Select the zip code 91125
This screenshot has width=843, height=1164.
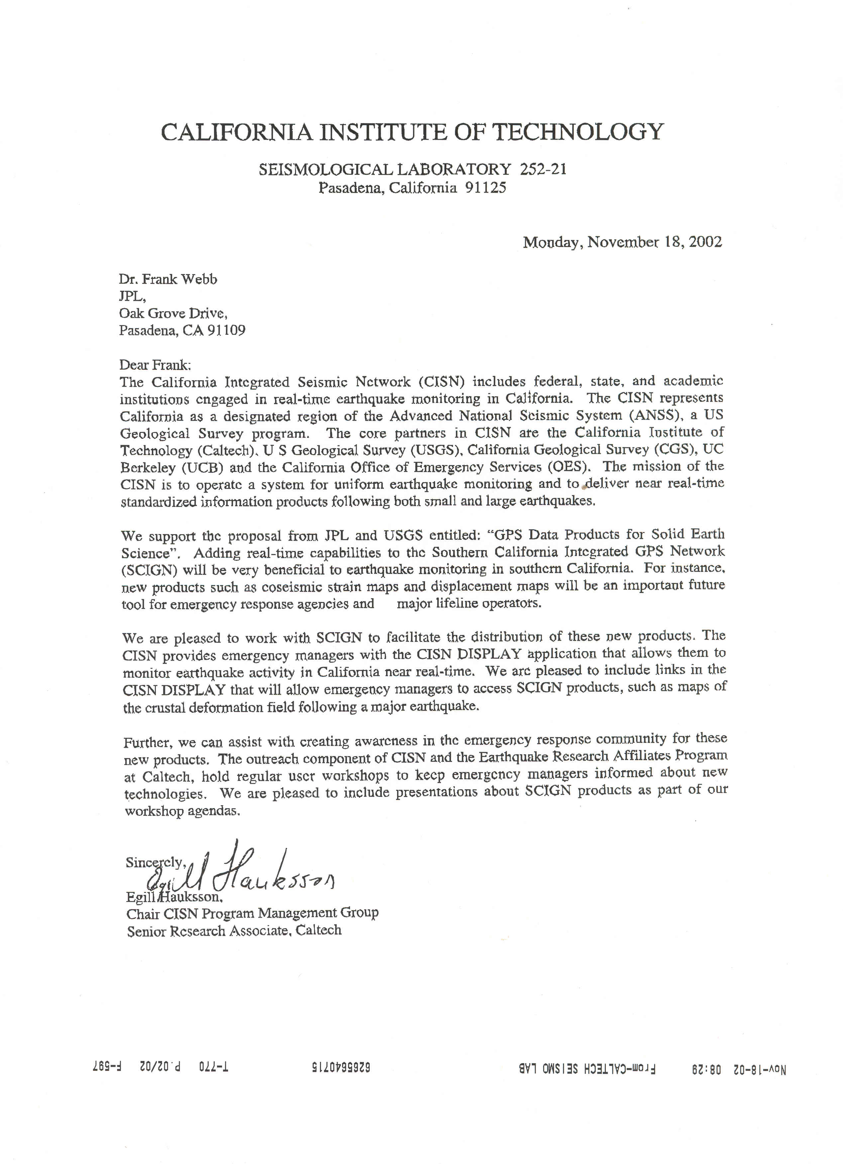pos(486,188)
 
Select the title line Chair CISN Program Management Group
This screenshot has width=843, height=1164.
pos(252,913)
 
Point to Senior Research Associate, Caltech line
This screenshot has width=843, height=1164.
pos(234,930)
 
